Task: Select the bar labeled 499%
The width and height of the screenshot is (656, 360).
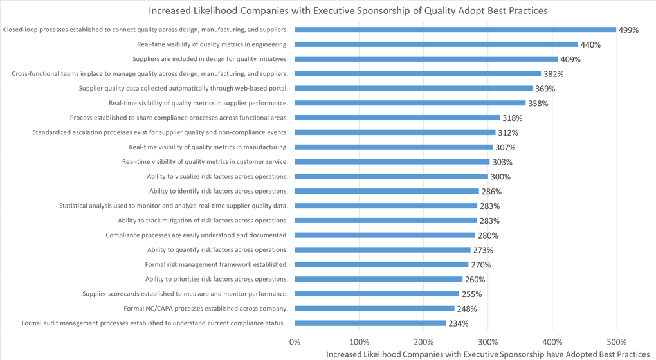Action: pyautogui.click(x=455, y=30)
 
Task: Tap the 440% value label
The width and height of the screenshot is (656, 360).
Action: pyautogui.click(x=590, y=45)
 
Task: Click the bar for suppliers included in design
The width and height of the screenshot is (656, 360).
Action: pyautogui.click(x=426, y=59)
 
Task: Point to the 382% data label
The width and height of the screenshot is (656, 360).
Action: pyautogui.click(x=553, y=74)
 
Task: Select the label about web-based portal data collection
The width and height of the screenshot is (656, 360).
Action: pyautogui.click(x=183, y=88)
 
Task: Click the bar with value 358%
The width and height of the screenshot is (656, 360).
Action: pyautogui.click(x=410, y=103)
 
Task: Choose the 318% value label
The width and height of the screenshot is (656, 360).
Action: pyautogui.click(x=512, y=118)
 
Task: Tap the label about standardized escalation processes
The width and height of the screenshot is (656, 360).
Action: pyautogui.click(x=160, y=132)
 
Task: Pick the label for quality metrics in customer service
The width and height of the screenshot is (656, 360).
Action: pyautogui.click(x=205, y=162)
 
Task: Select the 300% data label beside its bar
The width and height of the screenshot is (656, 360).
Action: pyautogui.click(x=500, y=177)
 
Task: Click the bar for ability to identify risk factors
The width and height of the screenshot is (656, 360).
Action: pyautogui.click(x=387, y=191)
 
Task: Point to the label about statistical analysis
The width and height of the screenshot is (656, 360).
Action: pyautogui.click(x=174, y=206)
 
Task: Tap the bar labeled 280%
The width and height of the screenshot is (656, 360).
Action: pyautogui.click(x=385, y=235)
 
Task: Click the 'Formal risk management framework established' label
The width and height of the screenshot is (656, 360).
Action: pyautogui.click(x=216, y=264)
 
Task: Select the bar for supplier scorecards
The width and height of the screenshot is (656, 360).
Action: pyautogui.click(x=377, y=294)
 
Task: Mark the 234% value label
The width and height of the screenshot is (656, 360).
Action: pyautogui.click(x=458, y=323)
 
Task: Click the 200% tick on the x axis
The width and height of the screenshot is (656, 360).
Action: pyautogui.click(x=424, y=342)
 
